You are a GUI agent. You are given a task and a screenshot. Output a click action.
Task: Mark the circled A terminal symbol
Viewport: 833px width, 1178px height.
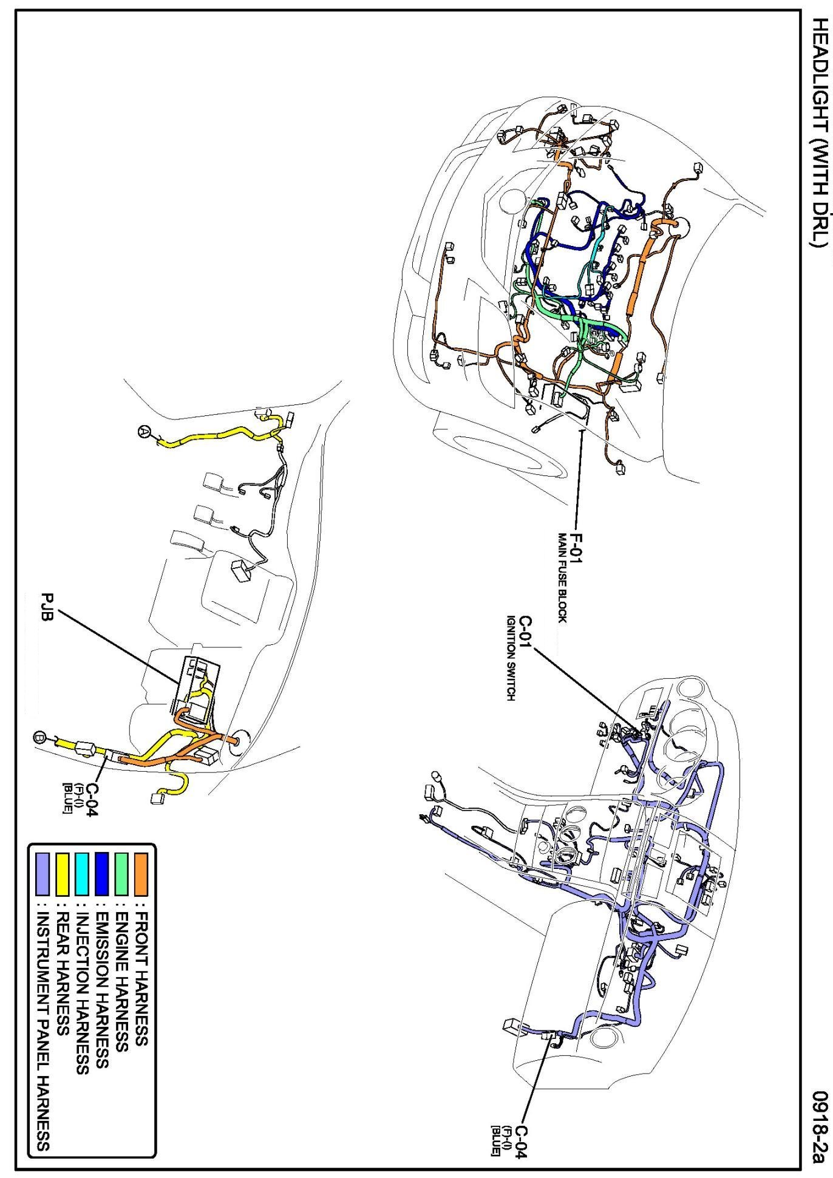click(x=144, y=431)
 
